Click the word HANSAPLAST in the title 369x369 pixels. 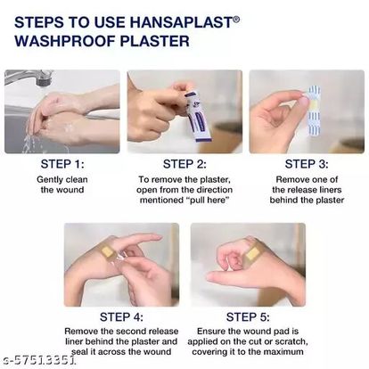click(x=182, y=22)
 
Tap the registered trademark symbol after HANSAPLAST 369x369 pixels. click(x=236, y=20)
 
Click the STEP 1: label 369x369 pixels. click(x=62, y=164)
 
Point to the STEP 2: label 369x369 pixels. click(x=184, y=164)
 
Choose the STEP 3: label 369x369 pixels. click(x=307, y=164)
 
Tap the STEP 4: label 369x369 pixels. click(x=121, y=317)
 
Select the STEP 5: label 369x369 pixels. click(x=248, y=317)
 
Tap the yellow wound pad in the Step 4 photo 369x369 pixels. click(x=107, y=252)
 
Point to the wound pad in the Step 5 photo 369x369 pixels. click(x=252, y=253)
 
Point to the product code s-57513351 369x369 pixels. click(x=38, y=360)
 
